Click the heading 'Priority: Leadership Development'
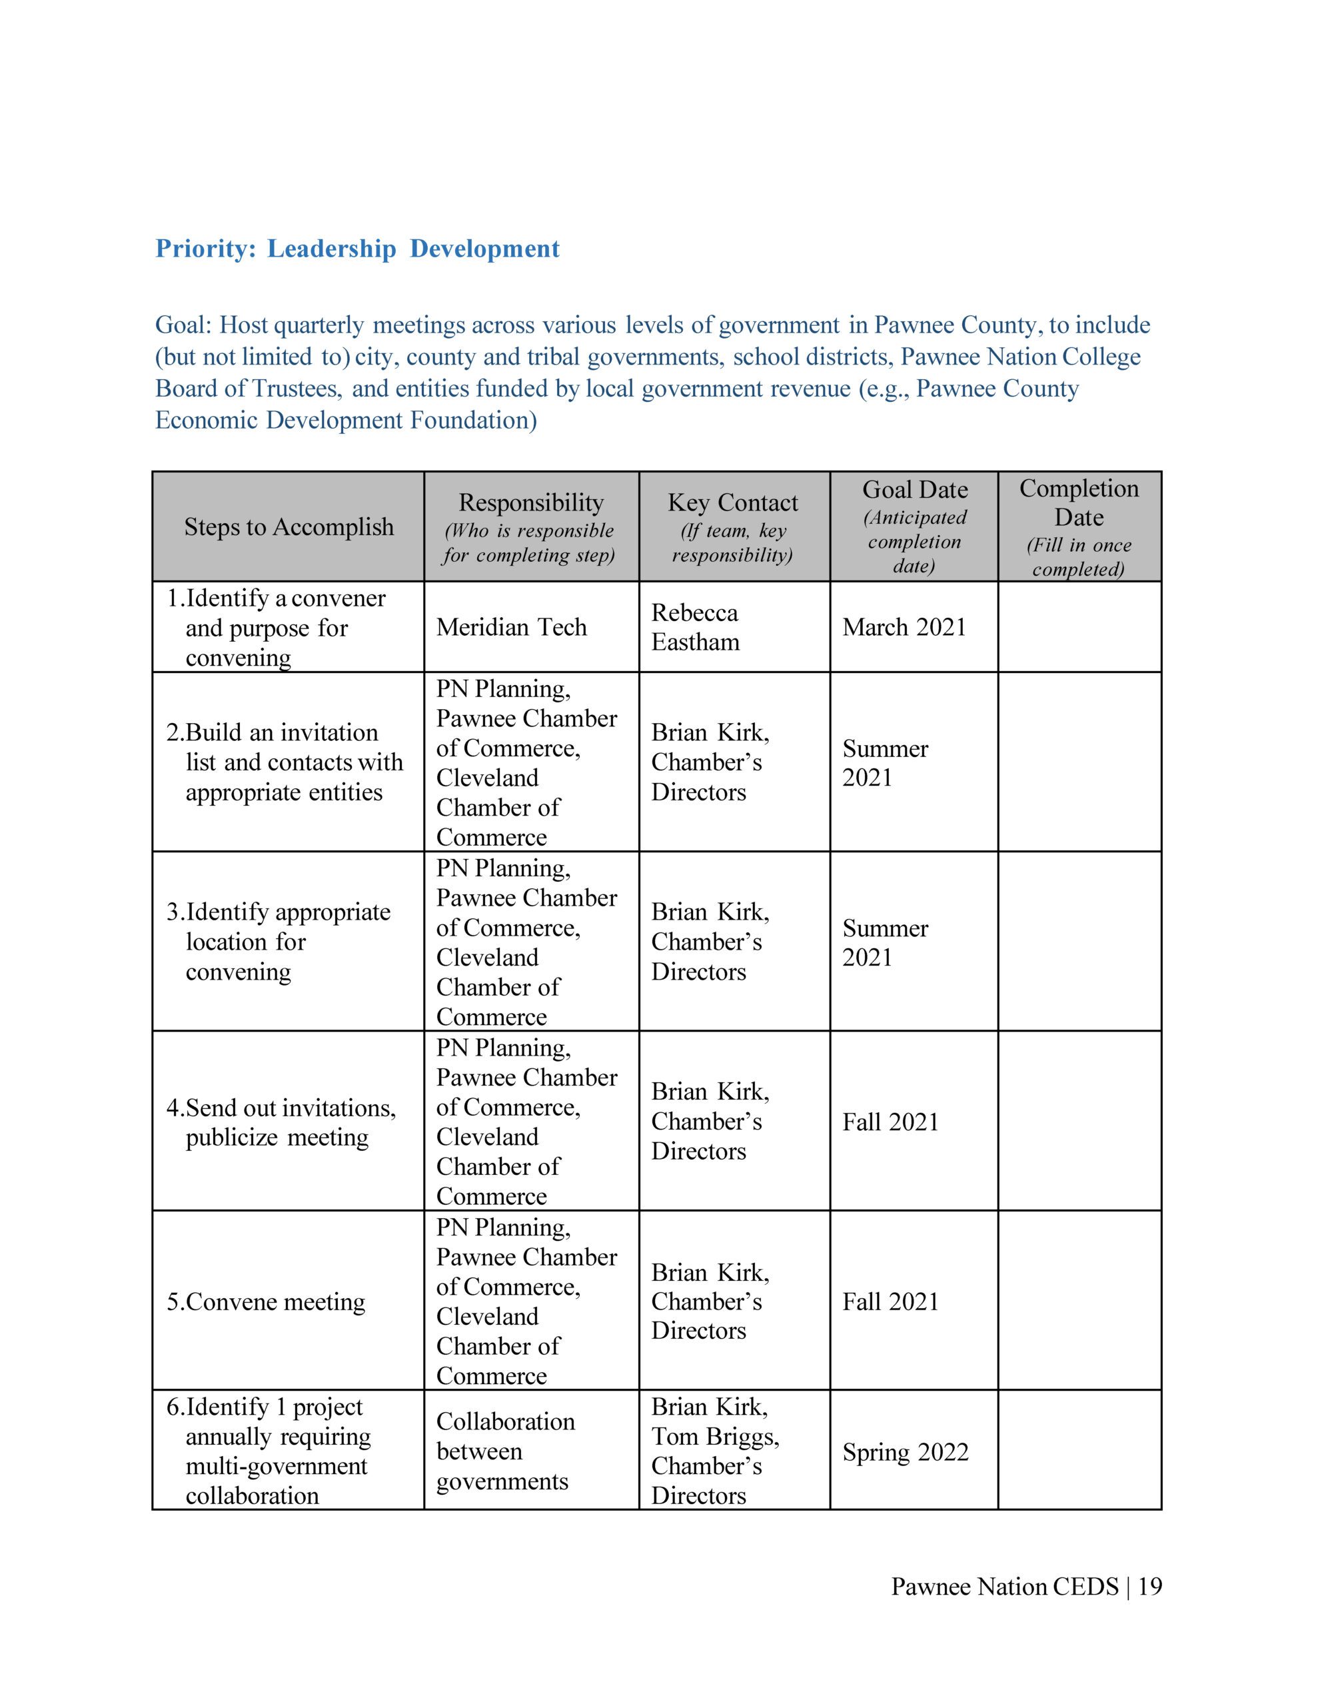pyautogui.click(x=357, y=249)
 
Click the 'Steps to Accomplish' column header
pyautogui.click(x=289, y=526)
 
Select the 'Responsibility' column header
pyautogui.click(x=530, y=502)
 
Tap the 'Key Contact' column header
pyautogui.click(x=732, y=502)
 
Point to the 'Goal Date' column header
pyautogui.click(x=914, y=490)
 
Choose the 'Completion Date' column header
pyautogui.click(x=1078, y=502)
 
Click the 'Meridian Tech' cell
pyautogui.click(x=511, y=627)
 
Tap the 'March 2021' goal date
pyautogui.click(x=904, y=627)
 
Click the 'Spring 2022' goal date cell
pyautogui.click(x=905, y=1452)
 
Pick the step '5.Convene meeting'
pyautogui.click(x=266, y=1302)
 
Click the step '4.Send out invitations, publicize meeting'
pyautogui.click(x=281, y=1122)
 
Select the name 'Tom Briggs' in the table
pyautogui.click(x=714, y=1437)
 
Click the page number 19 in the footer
pyautogui.click(x=1150, y=1587)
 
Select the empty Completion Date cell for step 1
pyautogui.click(x=1079, y=627)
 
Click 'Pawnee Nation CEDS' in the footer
pyautogui.click(x=1005, y=1587)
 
